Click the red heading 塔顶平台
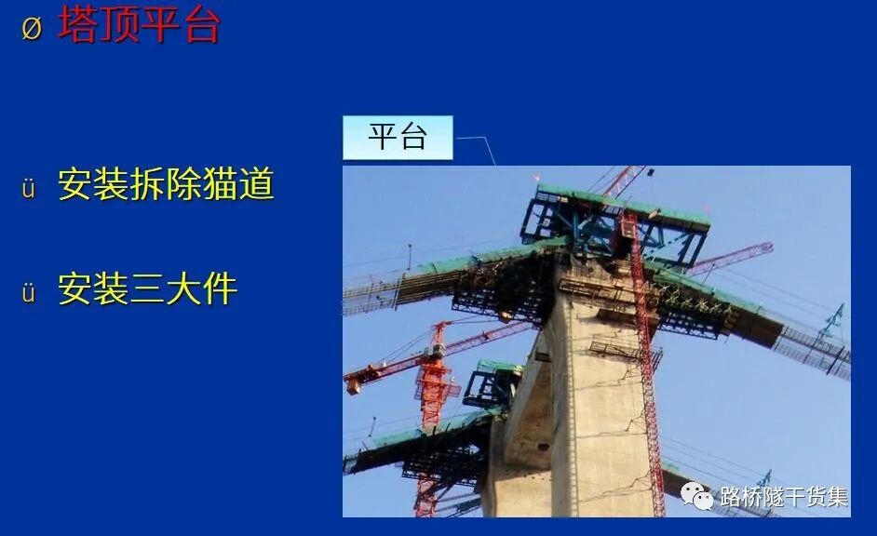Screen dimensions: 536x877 point(140,25)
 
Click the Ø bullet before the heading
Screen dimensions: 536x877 point(32,28)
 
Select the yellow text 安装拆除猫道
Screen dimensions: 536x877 point(166,184)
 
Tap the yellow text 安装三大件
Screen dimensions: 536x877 point(147,288)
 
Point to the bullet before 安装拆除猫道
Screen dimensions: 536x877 point(29,189)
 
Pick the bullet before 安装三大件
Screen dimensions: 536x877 point(29,293)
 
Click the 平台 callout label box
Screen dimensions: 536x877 point(398,138)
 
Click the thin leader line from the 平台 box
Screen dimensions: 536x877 point(477,143)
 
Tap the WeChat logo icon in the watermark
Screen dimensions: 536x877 point(696,496)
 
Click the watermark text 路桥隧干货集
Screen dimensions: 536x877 point(783,497)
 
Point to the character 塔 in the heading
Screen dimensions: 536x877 point(78,25)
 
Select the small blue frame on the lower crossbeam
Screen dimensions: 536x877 point(492,384)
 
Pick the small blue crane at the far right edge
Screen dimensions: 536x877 point(830,321)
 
